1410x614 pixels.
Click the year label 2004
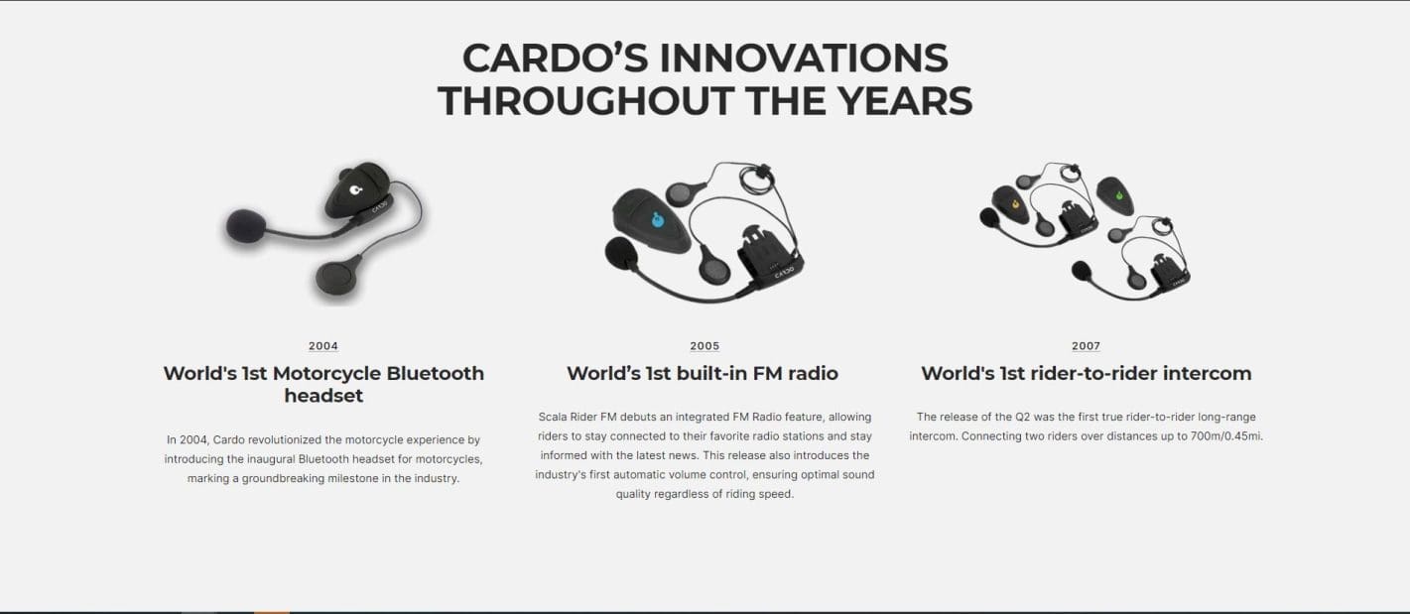tap(322, 346)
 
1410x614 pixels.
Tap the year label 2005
tap(705, 346)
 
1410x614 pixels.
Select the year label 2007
tap(1086, 346)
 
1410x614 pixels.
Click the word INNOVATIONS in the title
tap(804, 59)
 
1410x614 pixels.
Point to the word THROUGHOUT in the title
tap(584, 101)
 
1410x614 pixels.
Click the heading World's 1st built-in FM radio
tap(703, 374)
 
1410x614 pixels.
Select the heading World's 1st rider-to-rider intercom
tap(1086, 374)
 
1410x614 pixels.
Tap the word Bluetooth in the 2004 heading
tap(435, 374)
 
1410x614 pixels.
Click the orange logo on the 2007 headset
tap(1016, 204)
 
